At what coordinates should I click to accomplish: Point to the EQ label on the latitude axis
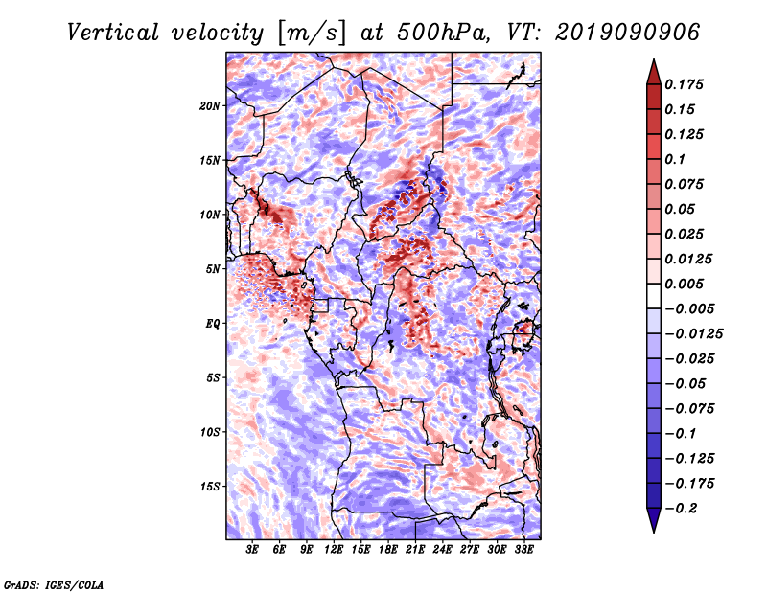pos(214,324)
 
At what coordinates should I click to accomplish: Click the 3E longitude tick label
pos(252,551)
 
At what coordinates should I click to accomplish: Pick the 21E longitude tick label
pos(415,551)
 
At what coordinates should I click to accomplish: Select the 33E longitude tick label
pos(523,551)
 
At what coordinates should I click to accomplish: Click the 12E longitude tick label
pos(334,551)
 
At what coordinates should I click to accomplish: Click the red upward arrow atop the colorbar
pos(652,70)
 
